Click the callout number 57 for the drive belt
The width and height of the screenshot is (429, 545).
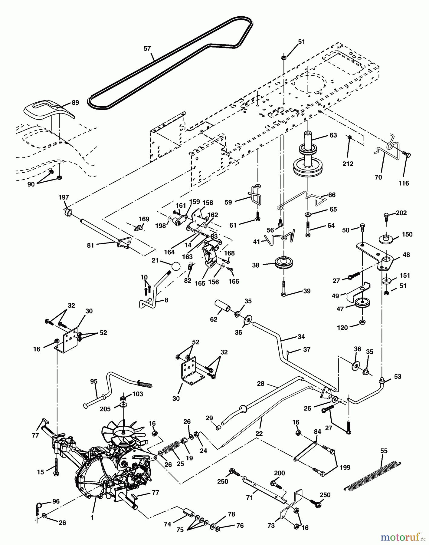pos(147,48)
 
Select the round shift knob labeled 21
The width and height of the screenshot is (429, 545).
pos(175,266)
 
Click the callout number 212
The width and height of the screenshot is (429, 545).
pos(348,164)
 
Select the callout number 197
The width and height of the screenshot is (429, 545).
pos(64,197)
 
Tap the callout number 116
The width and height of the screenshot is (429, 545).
pos(404,183)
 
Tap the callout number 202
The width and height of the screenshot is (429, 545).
pos(401,213)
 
